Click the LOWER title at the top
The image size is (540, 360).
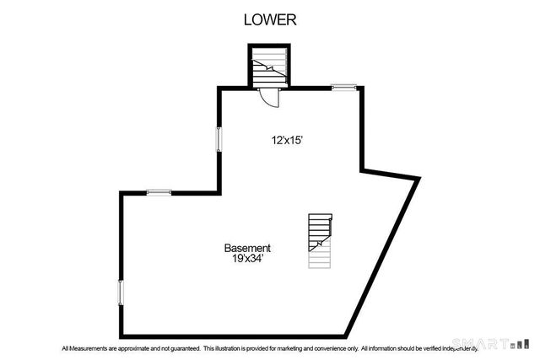[270, 19]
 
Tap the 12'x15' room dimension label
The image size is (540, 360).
[287, 141]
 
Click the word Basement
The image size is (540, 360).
[247, 248]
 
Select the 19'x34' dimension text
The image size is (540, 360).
[248, 260]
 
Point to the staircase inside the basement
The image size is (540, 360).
[320, 241]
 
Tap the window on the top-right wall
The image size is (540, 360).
[343, 86]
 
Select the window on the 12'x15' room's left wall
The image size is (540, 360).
[219, 138]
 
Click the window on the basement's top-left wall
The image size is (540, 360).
[159, 192]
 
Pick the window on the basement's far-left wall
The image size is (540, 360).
[121, 293]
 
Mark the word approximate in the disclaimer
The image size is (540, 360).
[135, 347]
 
